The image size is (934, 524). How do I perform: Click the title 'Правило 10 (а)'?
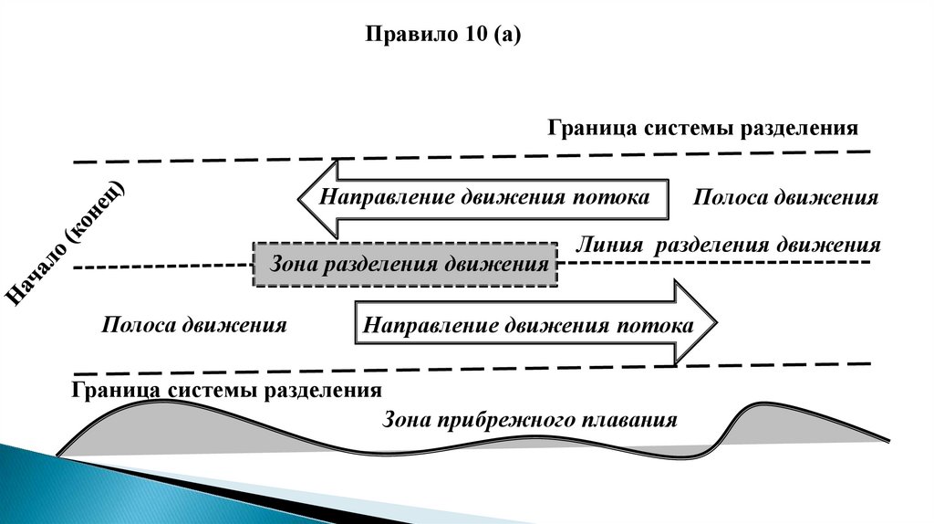(442, 36)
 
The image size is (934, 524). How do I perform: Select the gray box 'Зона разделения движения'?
(405, 265)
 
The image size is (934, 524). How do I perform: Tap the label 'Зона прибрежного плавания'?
(530, 420)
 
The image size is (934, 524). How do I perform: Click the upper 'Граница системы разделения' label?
(703, 127)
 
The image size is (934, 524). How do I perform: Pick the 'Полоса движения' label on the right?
(785, 198)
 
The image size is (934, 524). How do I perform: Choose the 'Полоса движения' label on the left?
(194, 324)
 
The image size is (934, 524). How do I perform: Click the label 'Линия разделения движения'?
(728, 245)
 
